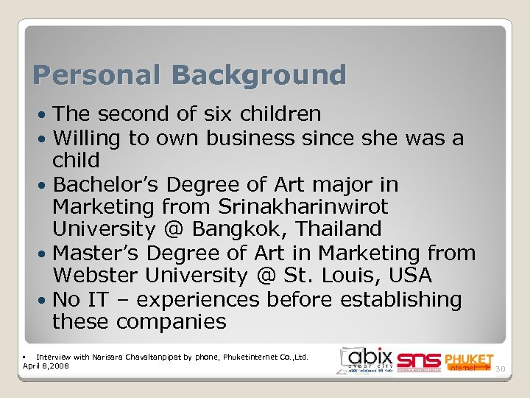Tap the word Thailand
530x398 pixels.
tap(331, 230)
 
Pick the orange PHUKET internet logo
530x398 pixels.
tap(468, 361)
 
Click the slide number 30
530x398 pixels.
tap(501, 369)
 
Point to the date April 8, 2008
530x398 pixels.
tap(46, 365)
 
